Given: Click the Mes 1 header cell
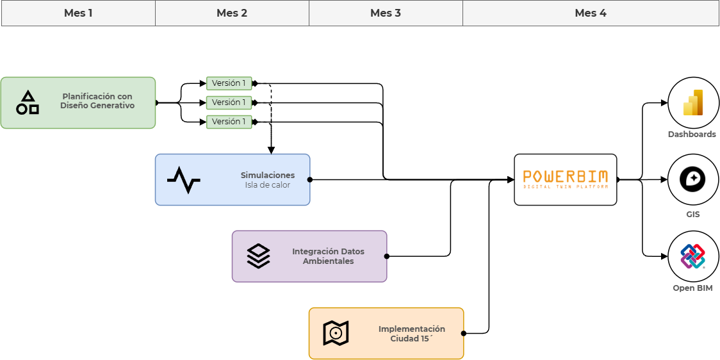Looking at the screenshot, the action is (x=79, y=13).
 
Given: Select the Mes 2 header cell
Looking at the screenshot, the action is (x=232, y=13).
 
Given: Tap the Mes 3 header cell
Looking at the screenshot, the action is (x=386, y=13).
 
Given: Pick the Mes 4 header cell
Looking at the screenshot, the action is (x=591, y=13).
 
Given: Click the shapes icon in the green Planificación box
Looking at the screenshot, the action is (x=28, y=102).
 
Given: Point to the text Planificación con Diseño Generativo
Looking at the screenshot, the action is (x=97, y=101).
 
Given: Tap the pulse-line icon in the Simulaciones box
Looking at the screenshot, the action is (x=184, y=179).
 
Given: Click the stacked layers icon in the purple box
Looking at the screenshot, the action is (x=259, y=256).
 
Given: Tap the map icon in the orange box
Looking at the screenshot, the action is (x=336, y=333).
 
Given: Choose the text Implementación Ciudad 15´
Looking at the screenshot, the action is (x=411, y=333).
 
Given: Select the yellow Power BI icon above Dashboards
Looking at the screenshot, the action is (x=693, y=102).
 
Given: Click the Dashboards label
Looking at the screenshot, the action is (x=692, y=135).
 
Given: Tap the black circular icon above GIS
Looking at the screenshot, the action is (x=693, y=179).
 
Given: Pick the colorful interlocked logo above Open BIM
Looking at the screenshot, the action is (x=693, y=256).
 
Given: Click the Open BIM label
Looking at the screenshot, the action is (x=693, y=288).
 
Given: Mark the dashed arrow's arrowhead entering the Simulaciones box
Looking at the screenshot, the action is (x=271, y=150).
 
